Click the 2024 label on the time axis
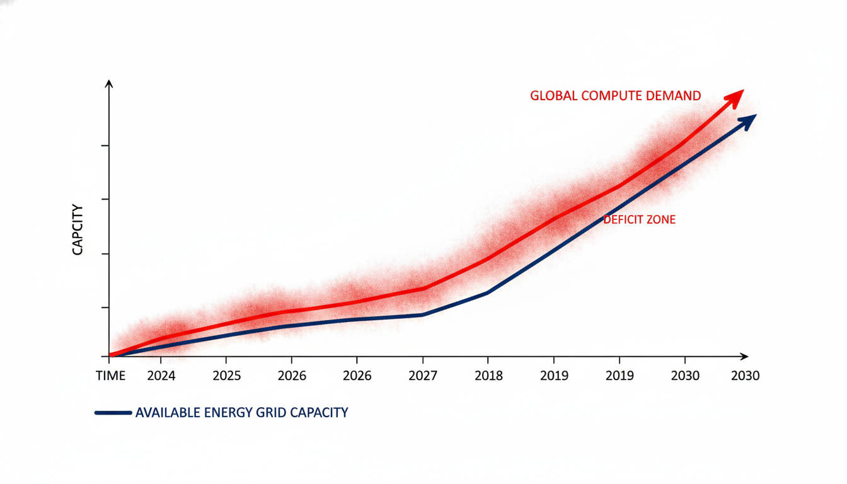click(160, 376)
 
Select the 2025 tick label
click(227, 376)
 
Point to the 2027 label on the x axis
click(423, 376)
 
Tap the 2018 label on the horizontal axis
click(488, 376)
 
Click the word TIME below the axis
click(111, 376)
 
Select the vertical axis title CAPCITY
click(78, 229)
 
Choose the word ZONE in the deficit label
click(662, 220)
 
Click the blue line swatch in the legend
click(113, 413)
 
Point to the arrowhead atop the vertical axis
click(110, 84)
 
